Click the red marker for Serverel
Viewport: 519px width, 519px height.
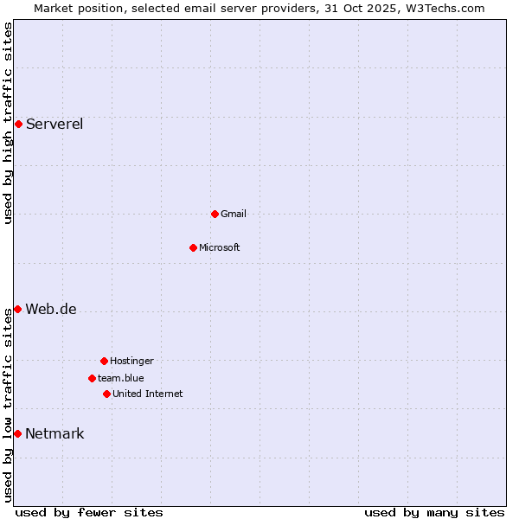(x=18, y=124)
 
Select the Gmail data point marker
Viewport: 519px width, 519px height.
(x=215, y=214)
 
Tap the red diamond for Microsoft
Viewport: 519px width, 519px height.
(x=193, y=247)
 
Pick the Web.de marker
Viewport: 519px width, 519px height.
(x=17, y=309)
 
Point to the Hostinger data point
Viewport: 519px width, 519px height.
(x=104, y=361)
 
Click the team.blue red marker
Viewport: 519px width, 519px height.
(x=92, y=378)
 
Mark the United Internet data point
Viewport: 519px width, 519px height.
(x=106, y=394)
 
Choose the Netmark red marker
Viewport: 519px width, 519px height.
(x=17, y=433)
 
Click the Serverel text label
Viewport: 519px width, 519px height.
(x=54, y=124)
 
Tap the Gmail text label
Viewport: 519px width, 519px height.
(x=234, y=214)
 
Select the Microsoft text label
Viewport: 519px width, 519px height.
(x=220, y=247)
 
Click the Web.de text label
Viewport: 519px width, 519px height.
(x=51, y=309)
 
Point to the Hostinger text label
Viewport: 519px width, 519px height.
(x=131, y=361)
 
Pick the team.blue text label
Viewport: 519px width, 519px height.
(x=121, y=378)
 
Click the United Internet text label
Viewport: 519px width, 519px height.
(x=148, y=394)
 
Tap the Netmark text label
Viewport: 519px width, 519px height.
(x=54, y=433)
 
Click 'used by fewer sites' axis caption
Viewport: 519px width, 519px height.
(x=89, y=512)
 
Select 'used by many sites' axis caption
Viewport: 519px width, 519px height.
(x=434, y=512)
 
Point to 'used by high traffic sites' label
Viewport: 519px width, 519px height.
(x=8, y=123)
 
